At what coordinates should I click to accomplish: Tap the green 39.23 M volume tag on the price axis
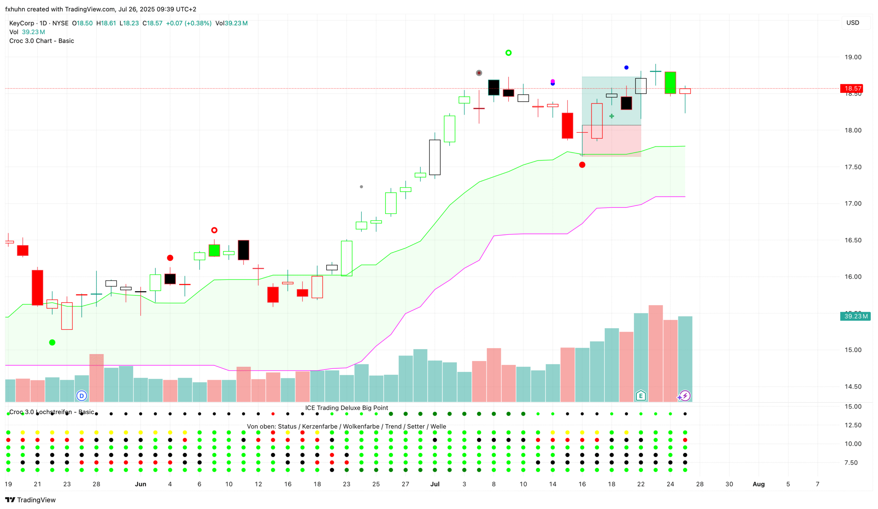pos(855,317)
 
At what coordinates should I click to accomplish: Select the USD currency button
pos(852,23)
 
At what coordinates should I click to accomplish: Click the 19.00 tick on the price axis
pos(853,57)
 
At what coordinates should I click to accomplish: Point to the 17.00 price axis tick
pos(853,204)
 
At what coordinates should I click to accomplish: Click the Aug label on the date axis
pos(758,484)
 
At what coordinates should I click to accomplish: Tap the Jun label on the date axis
pos(140,484)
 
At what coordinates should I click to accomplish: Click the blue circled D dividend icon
pos(81,396)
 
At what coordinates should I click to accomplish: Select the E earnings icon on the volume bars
pos(641,396)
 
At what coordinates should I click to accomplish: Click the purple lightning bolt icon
pos(685,396)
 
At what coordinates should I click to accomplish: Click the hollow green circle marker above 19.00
pos(508,53)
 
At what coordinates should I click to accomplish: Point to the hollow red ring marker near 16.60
pos(214,230)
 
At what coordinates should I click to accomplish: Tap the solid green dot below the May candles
pos(52,343)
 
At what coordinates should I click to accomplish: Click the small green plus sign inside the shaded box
pos(611,116)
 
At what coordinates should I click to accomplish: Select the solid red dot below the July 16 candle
pos(582,165)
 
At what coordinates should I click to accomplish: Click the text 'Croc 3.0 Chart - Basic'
pos(41,41)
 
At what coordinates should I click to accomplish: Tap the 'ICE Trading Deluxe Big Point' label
pos(346,408)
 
